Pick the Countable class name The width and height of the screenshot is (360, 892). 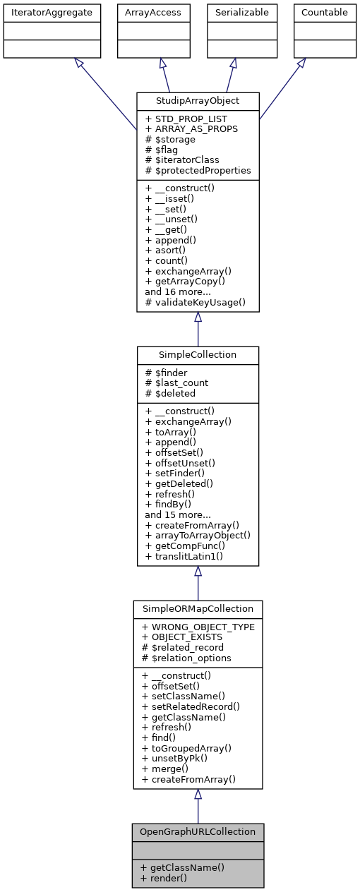(x=325, y=12)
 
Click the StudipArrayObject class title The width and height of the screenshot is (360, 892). (x=198, y=100)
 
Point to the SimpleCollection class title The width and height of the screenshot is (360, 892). (x=198, y=354)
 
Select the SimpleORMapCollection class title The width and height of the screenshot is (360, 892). (x=198, y=608)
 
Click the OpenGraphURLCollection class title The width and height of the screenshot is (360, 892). (x=198, y=831)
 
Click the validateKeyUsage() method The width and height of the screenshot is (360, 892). (x=195, y=302)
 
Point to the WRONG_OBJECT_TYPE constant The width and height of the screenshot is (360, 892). (x=200, y=627)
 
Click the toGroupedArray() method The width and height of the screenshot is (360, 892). (x=187, y=748)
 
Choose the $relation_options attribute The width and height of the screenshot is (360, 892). (x=188, y=658)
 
